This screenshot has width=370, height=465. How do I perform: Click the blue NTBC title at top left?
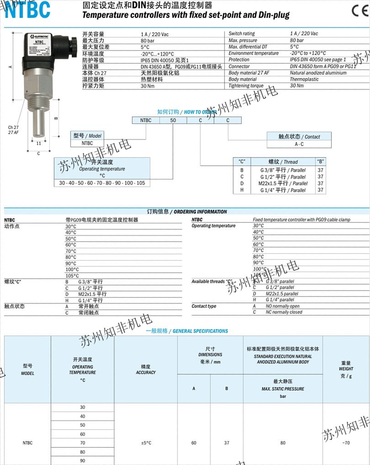[x=27, y=10]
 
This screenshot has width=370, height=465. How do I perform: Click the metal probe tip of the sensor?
[x=38, y=121]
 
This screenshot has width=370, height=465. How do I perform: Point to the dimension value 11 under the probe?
[x=38, y=143]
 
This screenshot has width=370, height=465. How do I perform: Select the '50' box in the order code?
[x=173, y=120]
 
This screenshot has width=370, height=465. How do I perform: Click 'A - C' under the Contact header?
[x=299, y=144]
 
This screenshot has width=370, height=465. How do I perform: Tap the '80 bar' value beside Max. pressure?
[x=297, y=40]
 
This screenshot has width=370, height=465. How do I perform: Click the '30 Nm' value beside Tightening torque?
[x=296, y=86]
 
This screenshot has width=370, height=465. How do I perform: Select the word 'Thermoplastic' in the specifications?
[x=304, y=79]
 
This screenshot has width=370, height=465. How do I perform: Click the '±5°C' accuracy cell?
[x=146, y=443]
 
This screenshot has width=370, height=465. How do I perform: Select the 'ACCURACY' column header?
[x=146, y=372]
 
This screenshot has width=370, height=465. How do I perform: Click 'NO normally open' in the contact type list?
[x=283, y=306]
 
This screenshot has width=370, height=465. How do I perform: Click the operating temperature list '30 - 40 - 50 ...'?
[x=102, y=183]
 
